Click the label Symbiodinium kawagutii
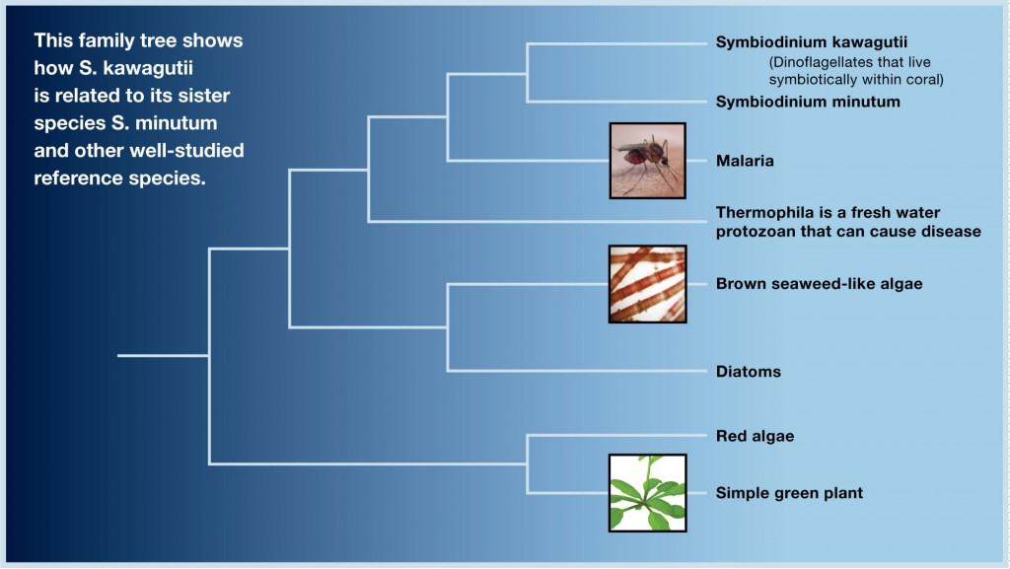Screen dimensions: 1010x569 coord(812,42)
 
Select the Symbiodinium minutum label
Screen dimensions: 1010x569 coord(808,102)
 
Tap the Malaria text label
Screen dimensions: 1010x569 coord(745,161)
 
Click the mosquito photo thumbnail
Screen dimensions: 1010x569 coord(647,161)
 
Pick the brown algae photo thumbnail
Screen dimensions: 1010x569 coord(647,284)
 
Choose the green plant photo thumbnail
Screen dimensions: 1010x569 coord(647,493)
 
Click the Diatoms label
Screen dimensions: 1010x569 coord(749,372)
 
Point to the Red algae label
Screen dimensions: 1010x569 coord(755,437)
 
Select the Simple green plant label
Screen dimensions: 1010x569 coord(789,493)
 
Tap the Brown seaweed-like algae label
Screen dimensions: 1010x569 coord(819,284)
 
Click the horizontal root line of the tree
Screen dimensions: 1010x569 coord(163,355)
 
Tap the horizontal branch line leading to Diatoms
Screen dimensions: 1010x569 coord(577,371)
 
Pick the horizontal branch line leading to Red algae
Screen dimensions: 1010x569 coord(617,436)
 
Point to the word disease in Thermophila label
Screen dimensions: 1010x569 coord(952,231)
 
